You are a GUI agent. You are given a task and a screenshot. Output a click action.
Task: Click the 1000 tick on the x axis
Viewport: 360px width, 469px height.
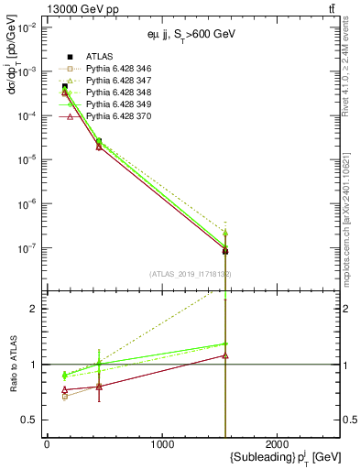[162, 445]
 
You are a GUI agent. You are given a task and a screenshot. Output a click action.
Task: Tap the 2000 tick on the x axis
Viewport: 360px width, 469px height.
[278, 445]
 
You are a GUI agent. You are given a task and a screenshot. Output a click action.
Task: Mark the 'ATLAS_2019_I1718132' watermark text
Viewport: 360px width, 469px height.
[190, 274]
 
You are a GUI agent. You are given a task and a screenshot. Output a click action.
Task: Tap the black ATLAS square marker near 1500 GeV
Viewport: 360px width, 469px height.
[224, 250]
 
